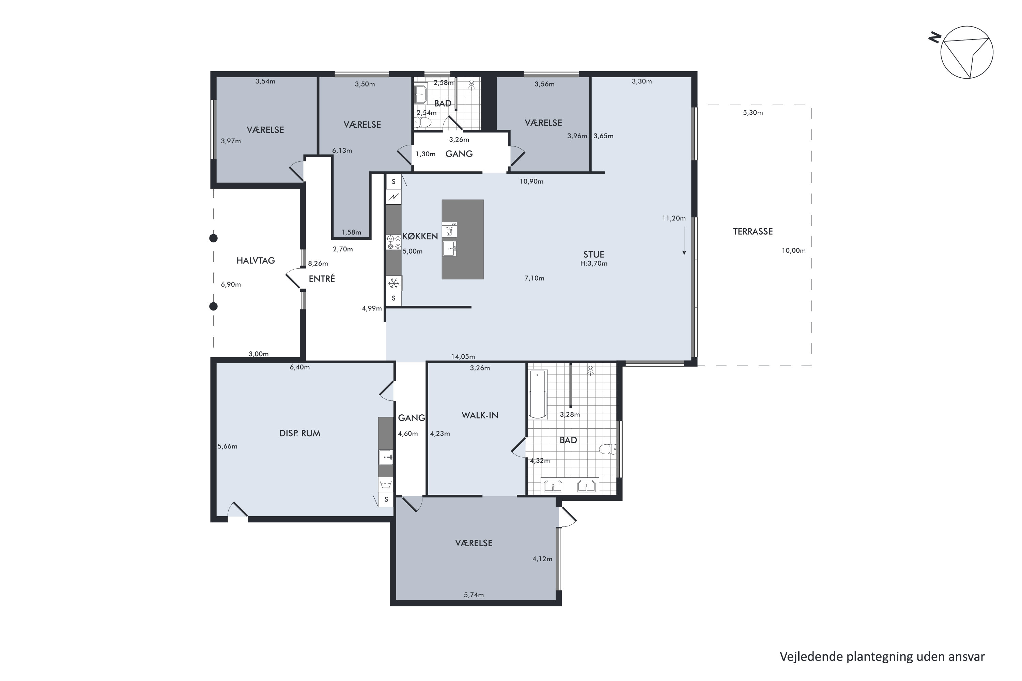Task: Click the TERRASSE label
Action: pos(753,232)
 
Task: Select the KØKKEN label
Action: pos(420,236)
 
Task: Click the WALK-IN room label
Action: pos(480,415)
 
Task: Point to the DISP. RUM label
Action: pos(299,433)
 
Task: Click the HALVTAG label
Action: pos(255,260)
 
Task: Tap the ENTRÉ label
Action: pos(322,279)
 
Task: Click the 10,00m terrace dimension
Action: pos(793,251)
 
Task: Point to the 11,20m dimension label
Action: pos(673,219)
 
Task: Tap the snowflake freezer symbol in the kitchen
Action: pos(394,284)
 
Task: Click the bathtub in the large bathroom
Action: pos(538,394)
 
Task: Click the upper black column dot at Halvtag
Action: pos(213,238)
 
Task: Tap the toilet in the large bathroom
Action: pos(607,449)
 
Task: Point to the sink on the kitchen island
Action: pos(449,249)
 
